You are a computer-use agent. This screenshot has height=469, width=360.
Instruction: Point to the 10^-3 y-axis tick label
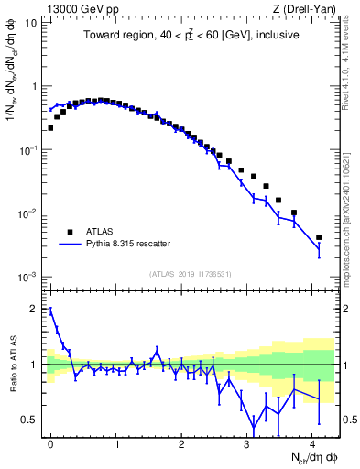click(x=29, y=277)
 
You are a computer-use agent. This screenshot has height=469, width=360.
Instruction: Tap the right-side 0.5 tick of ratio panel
click(x=348, y=420)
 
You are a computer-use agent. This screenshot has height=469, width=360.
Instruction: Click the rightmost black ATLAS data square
click(x=319, y=237)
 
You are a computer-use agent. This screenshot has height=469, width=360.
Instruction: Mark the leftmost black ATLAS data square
click(x=50, y=128)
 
